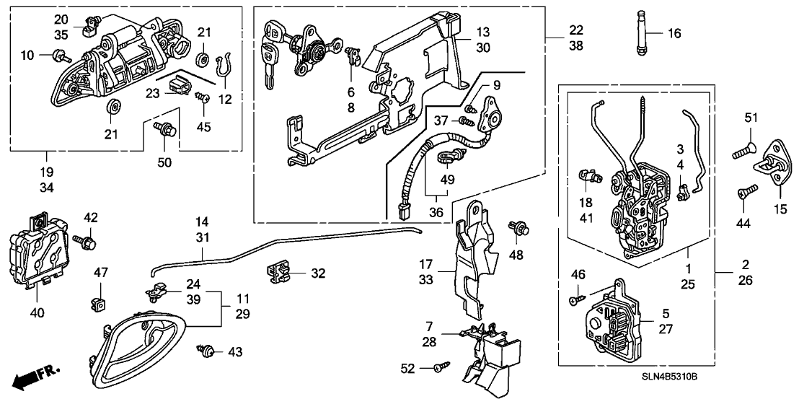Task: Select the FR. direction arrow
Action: [x=33, y=376]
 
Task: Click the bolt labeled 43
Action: [x=207, y=351]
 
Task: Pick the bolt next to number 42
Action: [x=85, y=241]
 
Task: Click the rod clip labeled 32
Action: [x=276, y=273]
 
